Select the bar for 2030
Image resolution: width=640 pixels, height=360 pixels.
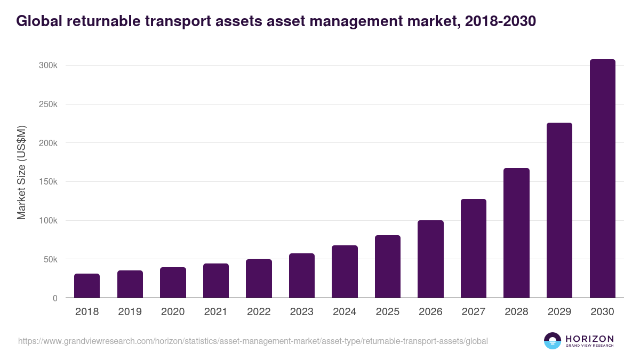click(x=602, y=179)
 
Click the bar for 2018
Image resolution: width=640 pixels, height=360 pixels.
click(x=87, y=286)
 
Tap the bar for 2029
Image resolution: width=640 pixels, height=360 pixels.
click(x=559, y=210)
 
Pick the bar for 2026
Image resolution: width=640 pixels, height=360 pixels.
click(x=430, y=259)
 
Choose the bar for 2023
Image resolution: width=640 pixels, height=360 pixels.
click(x=302, y=276)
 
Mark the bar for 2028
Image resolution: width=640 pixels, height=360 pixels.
click(x=516, y=233)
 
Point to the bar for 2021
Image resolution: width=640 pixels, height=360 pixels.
click(x=216, y=281)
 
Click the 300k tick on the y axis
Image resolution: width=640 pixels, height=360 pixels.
click(x=49, y=66)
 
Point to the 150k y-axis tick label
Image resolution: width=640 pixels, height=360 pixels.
click(x=49, y=182)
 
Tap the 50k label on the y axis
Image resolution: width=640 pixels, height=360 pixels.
click(x=51, y=260)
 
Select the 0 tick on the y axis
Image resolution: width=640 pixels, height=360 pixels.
click(x=55, y=298)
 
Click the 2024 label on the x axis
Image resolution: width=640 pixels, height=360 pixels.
click(x=345, y=312)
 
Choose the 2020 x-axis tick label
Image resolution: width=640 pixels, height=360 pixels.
click(x=173, y=312)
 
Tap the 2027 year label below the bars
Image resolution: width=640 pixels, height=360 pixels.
click(x=473, y=312)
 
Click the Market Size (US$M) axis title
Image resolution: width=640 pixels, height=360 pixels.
click(x=21, y=172)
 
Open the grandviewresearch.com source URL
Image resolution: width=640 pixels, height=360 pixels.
click(x=253, y=341)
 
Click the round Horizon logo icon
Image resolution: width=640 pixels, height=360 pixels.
click(x=552, y=341)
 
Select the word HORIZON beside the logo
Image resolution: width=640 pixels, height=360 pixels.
click(x=589, y=339)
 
